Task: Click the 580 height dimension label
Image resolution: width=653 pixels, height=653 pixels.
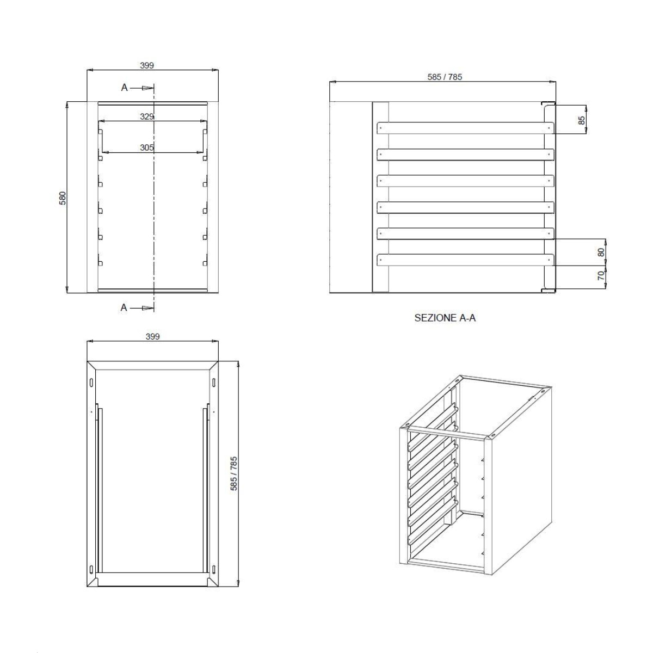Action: pyautogui.click(x=63, y=198)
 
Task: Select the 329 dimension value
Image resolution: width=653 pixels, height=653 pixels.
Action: pyautogui.click(x=147, y=116)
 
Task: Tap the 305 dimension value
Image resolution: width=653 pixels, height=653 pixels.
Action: pyautogui.click(x=147, y=147)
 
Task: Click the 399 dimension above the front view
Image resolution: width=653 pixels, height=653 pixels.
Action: pyautogui.click(x=147, y=65)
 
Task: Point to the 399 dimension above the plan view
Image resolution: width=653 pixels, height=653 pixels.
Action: pyautogui.click(x=153, y=336)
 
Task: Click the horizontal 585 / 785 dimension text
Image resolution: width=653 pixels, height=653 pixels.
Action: pyautogui.click(x=445, y=77)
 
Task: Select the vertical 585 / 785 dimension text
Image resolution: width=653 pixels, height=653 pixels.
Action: pyautogui.click(x=234, y=474)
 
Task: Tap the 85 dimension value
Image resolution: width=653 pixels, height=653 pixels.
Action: pyautogui.click(x=582, y=120)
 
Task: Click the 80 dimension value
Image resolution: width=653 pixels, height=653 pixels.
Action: pyautogui.click(x=601, y=252)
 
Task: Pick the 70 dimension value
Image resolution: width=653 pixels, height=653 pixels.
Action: pyautogui.click(x=601, y=275)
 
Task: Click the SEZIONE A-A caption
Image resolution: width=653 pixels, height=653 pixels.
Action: pyautogui.click(x=445, y=318)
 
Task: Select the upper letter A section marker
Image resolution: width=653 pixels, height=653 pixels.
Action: pyautogui.click(x=125, y=88)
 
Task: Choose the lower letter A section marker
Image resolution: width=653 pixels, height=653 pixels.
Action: pyautogui.click(x=124, y=307)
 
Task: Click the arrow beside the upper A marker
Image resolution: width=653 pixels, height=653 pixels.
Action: pyautogui.click(x=142, y=88)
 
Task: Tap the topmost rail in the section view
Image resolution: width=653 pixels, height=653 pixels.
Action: pyautogui.click(x=466, y=128)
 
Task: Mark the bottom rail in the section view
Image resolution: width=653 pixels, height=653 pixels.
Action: pyautogui.click(x=466, y=260)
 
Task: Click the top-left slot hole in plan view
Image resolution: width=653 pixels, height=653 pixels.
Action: pyautogui.click(x=91, y=381)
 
